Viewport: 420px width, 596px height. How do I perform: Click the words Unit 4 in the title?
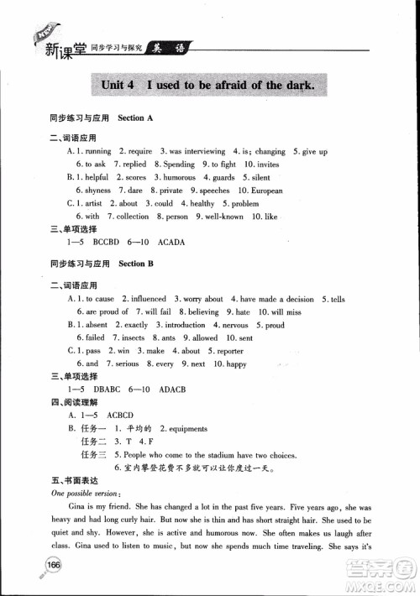tap(117, 85)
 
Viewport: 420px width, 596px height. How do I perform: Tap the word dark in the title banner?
tap(295, 85)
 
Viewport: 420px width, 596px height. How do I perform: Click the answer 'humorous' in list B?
tap(177, 178)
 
